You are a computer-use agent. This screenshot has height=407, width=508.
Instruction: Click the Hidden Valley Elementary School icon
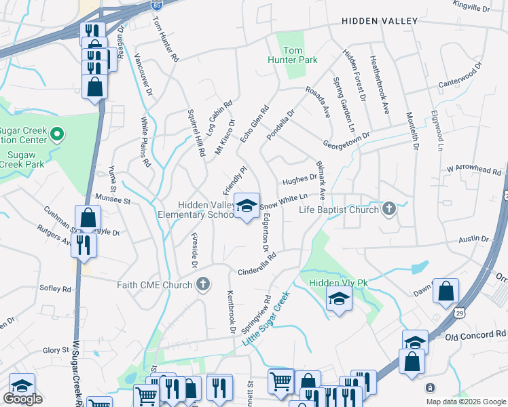tap(247, 205)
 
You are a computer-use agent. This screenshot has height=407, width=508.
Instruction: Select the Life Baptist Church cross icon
tap(388, 209)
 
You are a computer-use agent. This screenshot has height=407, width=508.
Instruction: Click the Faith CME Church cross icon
tap(203, 285)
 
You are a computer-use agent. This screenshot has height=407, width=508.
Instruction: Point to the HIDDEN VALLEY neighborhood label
tap(380, 21)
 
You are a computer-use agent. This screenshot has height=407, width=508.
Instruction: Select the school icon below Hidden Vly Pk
tap(338, 299)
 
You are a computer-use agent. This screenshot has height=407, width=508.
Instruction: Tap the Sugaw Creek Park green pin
tap(58, 134)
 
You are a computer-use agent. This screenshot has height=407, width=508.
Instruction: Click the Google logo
tap(22, 399)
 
